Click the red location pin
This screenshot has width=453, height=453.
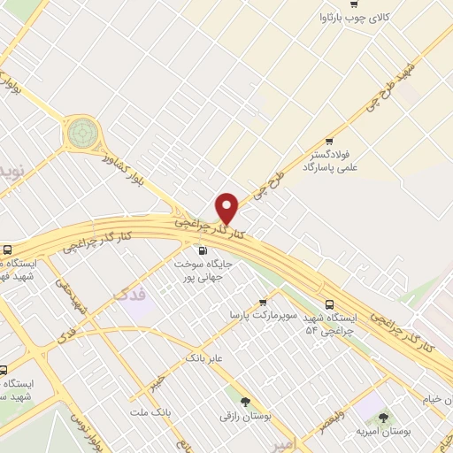(x=227, y=208)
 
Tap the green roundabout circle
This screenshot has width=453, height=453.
(x=82, y=134)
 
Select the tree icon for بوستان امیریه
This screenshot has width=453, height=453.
(x=383, y=418)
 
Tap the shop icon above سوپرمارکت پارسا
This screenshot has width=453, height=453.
(x=263, y=301)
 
